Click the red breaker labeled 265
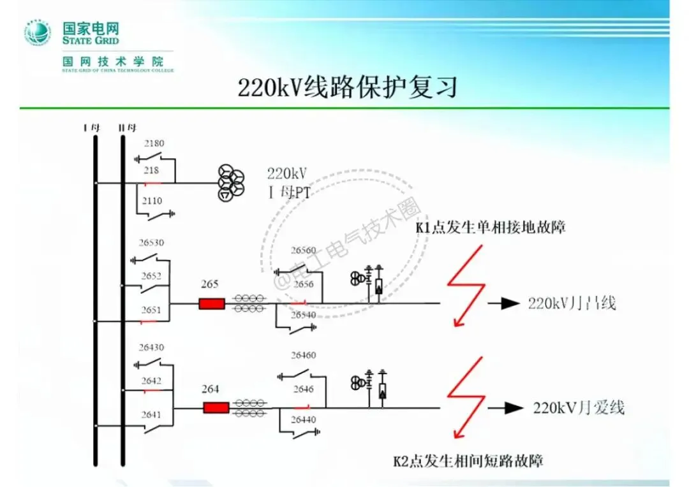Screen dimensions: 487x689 212,303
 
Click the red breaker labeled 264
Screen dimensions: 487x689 216,407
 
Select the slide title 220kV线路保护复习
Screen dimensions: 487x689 348,87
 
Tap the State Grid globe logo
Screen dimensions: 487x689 38,33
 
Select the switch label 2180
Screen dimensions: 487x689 154,143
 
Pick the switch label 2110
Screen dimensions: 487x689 152,201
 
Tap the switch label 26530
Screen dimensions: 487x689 152,243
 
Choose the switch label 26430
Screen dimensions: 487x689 152,347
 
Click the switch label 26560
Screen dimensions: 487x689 303,250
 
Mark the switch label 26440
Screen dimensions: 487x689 304,419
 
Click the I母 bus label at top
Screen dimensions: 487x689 92,127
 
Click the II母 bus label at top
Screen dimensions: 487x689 128,127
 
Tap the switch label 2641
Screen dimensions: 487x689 152,415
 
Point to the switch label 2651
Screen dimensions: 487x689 152,310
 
